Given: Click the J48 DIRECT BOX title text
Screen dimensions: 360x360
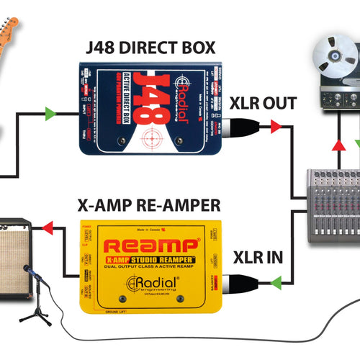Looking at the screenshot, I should [148, 48].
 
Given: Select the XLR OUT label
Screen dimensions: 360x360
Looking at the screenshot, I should [262, 103].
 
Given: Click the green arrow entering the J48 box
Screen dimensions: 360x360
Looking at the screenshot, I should [49, 113].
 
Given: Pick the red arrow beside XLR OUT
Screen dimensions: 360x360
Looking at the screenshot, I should [276, 127].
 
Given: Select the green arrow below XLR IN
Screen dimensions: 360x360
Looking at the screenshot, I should [276, 284].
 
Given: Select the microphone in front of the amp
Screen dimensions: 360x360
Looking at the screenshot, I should [27, 271].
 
